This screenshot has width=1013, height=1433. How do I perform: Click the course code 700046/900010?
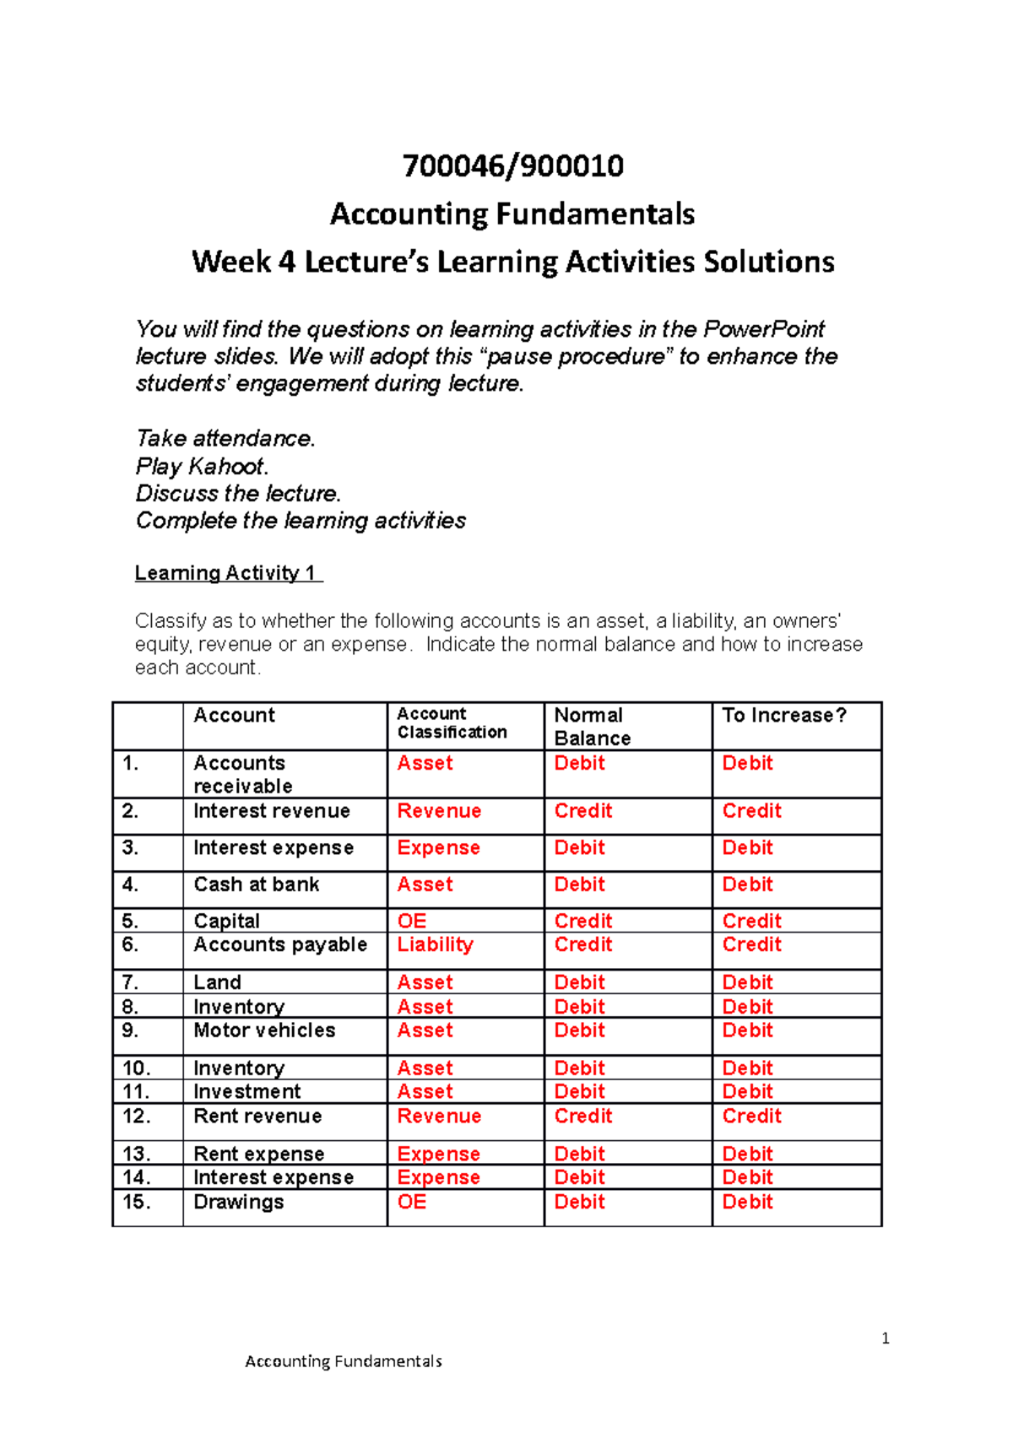point(512,166)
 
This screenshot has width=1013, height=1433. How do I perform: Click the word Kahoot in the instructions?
point(225,466)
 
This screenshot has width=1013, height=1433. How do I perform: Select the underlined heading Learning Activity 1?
point(227,573)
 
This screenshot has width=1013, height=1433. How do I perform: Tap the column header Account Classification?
point(452,723)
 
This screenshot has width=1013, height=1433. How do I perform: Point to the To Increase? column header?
point(783,716)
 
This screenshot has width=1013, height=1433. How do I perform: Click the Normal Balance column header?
point(592,726)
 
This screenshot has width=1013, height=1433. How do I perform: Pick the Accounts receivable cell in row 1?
point(242,774)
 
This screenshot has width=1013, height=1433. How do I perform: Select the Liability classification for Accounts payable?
point(435,944)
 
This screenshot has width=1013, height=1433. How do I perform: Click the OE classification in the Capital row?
point(412,921)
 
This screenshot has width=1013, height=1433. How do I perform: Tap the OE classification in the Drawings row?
point(412,1202)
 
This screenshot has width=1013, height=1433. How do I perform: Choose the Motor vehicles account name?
point(264,1030)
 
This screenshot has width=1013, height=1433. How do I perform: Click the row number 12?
point(136,1117)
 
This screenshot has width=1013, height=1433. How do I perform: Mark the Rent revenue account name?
point(257,1117)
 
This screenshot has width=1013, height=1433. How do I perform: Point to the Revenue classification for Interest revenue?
point(439,811)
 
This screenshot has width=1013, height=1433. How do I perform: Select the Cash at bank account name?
point(256,884)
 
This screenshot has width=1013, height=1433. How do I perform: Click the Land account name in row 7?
point(217,982)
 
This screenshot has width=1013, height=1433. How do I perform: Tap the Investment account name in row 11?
point(246,1092)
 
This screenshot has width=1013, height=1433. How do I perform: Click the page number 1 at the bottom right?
point(885,1338)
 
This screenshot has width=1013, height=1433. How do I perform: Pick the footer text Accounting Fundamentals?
point(343,1361)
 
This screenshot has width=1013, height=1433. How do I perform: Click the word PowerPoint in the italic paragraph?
point(764,329)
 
